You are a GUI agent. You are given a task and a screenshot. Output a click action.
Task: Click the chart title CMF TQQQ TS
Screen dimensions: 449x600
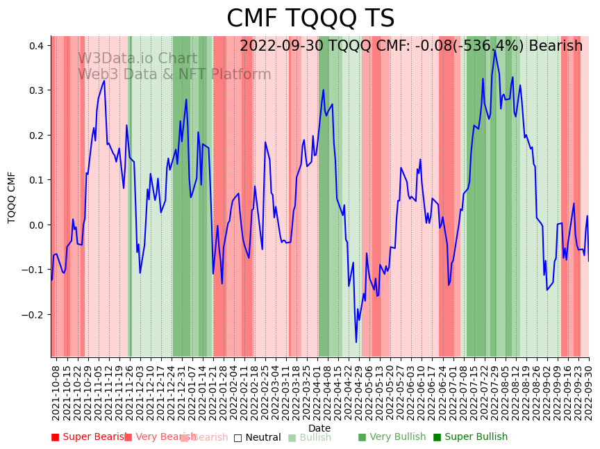[x=310, y=19]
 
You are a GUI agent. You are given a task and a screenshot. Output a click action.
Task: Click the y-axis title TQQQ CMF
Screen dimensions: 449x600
[x=12, y=197]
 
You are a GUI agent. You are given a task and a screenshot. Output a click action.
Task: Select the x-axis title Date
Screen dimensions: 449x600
[x=319, y=428]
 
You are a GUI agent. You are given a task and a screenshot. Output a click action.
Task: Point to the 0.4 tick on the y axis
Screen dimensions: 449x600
[x=36, y=46]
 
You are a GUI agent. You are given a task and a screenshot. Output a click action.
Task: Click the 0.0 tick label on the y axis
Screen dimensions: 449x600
[x=36, y=225]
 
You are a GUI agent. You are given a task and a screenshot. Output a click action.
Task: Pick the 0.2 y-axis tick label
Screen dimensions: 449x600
[x=36, y=136]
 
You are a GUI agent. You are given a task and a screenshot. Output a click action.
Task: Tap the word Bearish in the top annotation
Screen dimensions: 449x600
[x=556, y=47]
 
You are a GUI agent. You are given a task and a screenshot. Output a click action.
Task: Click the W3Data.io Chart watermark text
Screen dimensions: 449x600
[x=137, y=58]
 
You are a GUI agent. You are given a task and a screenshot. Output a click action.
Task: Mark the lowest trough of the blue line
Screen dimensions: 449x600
[x=356, y=342]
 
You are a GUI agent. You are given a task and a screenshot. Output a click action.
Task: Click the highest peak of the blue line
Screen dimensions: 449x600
[x=494, y=50]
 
